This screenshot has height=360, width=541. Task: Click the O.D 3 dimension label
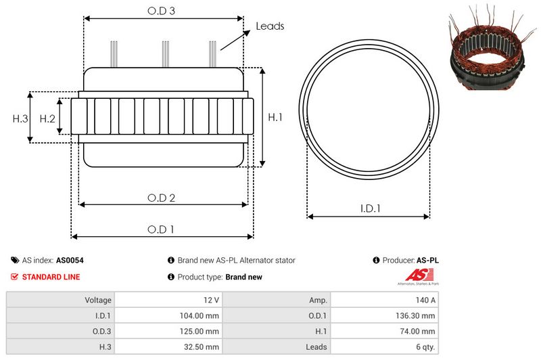coord(162,11)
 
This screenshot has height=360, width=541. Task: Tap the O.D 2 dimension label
coord(162,198)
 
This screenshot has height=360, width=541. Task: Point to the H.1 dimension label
coord(275,118)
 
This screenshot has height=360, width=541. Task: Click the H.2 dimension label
coord(47,118)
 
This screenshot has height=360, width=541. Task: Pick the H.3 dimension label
coord(20,118)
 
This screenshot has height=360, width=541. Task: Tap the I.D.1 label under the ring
coord(369,209)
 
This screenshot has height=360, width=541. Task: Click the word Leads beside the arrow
coord(270,26)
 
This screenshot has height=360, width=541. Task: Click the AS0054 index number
coord(70,260)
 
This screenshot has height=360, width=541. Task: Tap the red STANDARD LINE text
coord(51,277)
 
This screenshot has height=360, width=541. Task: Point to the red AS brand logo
coord(414,275)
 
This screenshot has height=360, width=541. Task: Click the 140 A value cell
coord(383,300)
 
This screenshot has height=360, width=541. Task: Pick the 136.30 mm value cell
coord(383,315)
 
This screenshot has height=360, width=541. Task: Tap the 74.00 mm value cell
coord(383,331)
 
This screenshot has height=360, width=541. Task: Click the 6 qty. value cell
coord(383,346)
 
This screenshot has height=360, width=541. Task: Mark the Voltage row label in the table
coord(61,300)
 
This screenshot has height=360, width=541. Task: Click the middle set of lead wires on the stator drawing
coord(164,54)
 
